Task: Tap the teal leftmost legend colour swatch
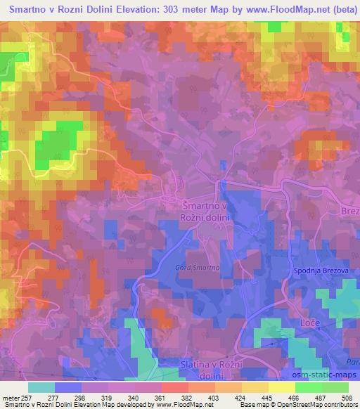(x=42, y=387)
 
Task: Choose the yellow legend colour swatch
(x=282, y=387)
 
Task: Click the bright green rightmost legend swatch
(x=335, y=387)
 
